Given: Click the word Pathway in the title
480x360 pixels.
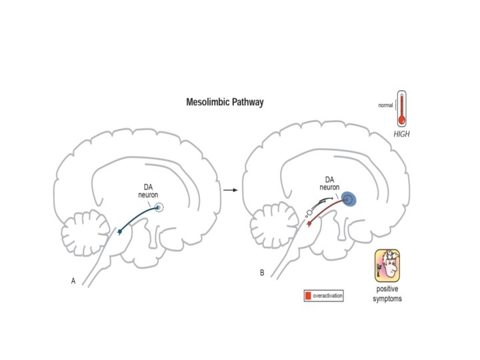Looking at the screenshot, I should click(247, 103).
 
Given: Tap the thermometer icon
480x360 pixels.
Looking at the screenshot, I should click(401, 109).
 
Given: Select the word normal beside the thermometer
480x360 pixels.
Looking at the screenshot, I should click(385, 105).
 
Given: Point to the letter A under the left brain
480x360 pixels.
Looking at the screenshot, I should click(73, 281).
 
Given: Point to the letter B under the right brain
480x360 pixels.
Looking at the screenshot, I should click(262, 273).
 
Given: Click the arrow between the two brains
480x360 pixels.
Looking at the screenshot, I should click(231, 190).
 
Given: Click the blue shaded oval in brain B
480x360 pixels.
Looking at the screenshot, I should click(349, 199).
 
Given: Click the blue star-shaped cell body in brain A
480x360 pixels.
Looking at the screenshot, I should click(120, 231).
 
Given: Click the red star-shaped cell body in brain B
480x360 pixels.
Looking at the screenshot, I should click(309, 226).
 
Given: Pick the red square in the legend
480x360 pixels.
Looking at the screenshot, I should click(308, 295).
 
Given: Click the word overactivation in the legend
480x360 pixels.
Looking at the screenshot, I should click(327, 295).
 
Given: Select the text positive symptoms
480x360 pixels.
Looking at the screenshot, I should click(387, 294).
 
